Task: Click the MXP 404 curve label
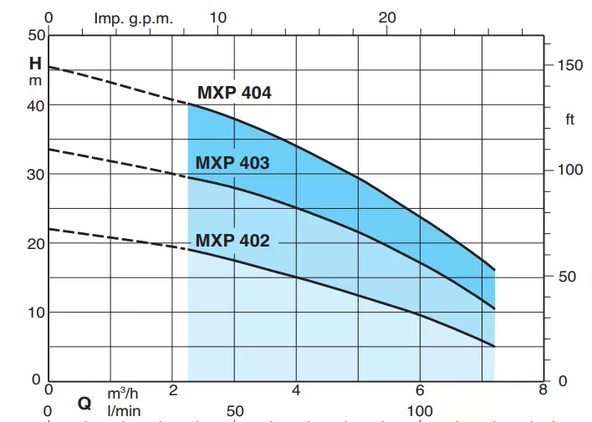tap(234, 93)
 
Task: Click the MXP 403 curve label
tap(232, 163)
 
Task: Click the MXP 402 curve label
tap(232, 241)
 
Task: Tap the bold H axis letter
tap(35, 64)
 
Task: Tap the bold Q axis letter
tap(84, 403)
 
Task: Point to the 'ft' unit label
tap(570, 119)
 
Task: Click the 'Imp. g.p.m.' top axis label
tap(134, 18)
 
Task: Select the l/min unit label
tap(123, 410)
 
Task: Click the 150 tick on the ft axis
tap(569, 65)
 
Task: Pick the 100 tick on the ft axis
tap(569, 170)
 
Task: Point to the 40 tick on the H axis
tap(33, 104)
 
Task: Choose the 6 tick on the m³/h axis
tap(420, 390)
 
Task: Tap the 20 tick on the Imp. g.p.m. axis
tap(387, 18)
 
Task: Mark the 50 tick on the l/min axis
tap(235, 410)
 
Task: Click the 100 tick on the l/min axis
tap(420, 410)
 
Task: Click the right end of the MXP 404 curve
tap(495, 270)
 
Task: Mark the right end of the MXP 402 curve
tap(495, 346)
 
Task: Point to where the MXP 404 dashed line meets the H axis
tap(48, 67)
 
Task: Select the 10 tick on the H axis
tap(33, 312)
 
